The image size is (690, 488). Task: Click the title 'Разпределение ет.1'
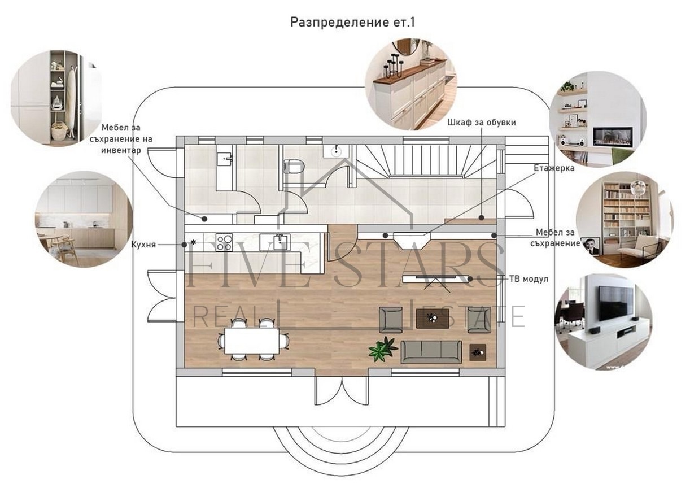point(345,22)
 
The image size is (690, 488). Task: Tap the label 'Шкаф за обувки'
point(481,122)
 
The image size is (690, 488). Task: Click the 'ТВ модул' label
point(528,278)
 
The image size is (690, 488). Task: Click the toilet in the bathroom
point(294,167)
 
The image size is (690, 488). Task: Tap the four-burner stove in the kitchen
point(224,242)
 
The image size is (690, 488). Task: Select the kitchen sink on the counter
point(281,242)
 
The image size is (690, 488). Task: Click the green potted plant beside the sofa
point(383,348)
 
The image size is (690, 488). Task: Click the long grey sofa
point(430,351)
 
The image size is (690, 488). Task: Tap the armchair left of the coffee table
point(391,319)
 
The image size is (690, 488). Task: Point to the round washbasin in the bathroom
point(337,150)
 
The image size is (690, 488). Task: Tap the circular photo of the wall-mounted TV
point(604,321)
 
